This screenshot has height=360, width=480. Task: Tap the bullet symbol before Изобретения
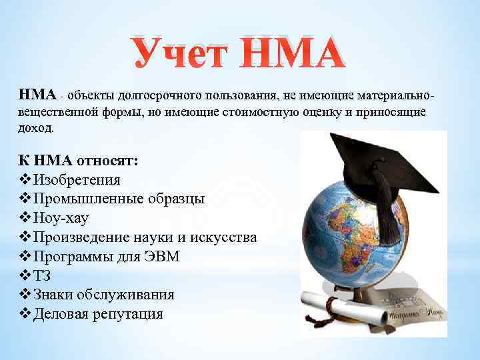(x=25, y=180)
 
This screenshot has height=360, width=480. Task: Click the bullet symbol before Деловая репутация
(x=25, y=314)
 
